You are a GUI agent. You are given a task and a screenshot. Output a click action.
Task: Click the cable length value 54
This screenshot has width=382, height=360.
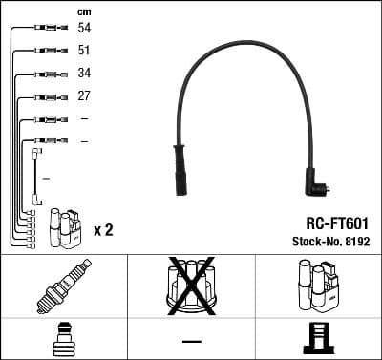[x=84, y=30]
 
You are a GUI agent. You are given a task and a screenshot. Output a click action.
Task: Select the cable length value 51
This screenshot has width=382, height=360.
[x=84, y=52]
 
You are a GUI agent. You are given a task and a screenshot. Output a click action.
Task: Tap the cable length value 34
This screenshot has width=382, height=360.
[x=84, y=74]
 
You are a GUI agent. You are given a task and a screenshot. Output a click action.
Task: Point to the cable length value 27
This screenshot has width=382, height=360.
[x=84, y=96]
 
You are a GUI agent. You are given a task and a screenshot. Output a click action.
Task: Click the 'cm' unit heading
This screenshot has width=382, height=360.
[x=84, y=11]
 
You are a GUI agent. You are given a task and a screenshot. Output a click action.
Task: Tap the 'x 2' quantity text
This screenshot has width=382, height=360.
[x=104, y=230]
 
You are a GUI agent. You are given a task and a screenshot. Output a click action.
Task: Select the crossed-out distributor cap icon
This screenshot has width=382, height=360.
[x=191, y=284]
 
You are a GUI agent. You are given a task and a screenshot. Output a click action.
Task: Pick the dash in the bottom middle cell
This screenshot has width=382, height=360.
[x=191, y=341]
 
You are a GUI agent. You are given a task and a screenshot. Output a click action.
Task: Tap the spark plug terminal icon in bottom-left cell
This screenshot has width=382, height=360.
[x=63, y=340]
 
